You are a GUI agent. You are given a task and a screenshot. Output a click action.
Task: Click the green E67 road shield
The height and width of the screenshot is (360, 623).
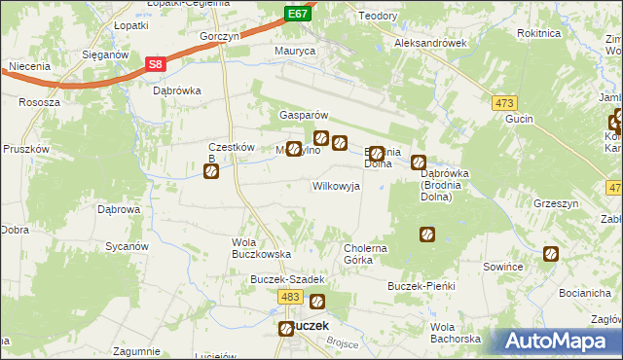coord(298,15)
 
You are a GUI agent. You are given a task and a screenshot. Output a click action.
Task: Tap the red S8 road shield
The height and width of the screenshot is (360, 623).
coord(156,64)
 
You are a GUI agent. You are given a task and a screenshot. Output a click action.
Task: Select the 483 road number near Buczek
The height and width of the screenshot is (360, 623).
coord(289,297)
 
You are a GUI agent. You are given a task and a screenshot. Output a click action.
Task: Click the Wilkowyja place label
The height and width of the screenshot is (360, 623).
coord(336,185)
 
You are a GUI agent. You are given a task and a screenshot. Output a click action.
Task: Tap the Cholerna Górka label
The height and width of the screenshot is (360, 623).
coord(366,254)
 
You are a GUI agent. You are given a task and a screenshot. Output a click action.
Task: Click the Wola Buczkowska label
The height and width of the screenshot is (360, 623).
coord(262,247)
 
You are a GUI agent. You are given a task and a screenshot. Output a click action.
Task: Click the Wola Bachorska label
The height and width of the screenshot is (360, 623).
coord(456,332)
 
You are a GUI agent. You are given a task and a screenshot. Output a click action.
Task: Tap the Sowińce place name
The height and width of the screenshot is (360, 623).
coord(504,266)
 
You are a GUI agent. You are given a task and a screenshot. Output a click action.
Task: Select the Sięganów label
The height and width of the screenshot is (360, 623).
coord(105,55)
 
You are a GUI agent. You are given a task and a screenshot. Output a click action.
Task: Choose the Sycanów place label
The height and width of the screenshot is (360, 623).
coord(126,246)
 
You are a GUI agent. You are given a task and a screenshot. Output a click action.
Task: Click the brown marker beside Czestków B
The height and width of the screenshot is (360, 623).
coord(211,172)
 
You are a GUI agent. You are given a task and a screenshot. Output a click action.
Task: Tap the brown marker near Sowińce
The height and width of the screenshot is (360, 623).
coord(551,255)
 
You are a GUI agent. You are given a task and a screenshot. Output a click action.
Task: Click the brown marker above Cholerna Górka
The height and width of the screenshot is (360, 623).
coord(426,234)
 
